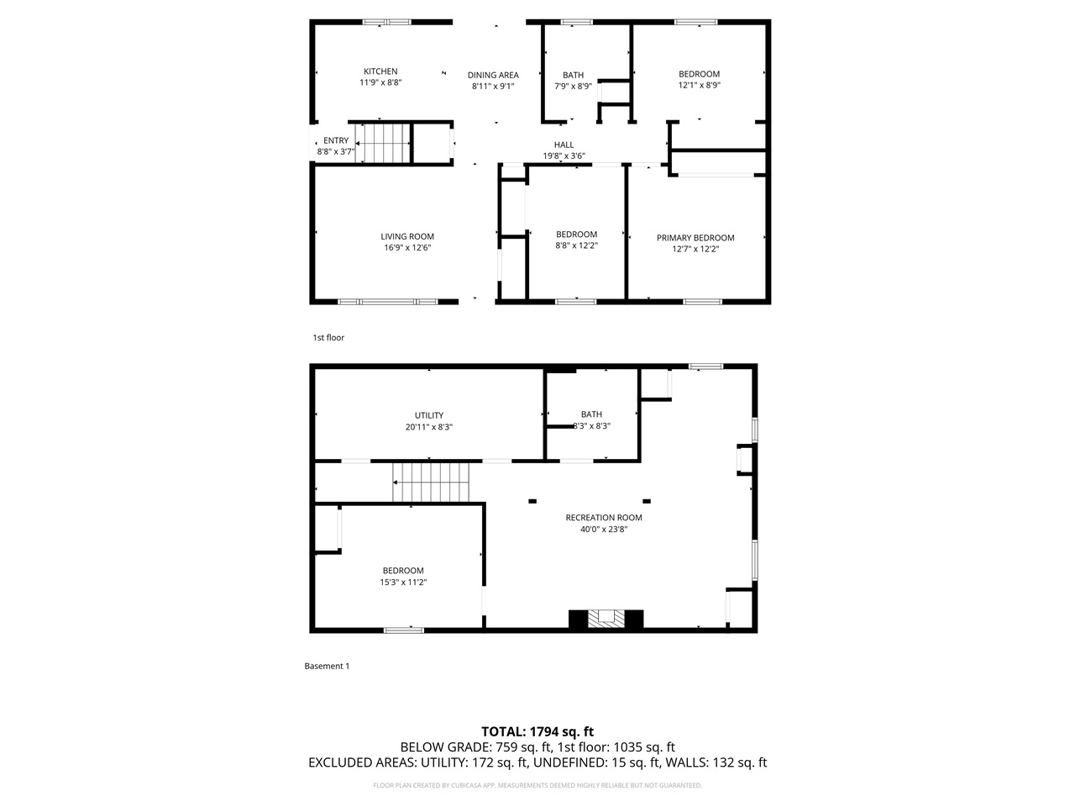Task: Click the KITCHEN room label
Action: [380, 71]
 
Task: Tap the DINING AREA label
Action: [493, 75]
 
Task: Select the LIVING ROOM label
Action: [407, 236]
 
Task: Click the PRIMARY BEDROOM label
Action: [695, 238]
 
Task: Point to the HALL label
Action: [564, 145]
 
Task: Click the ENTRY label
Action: [335, 140]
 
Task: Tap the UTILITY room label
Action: [428, 415]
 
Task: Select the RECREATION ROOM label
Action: [604, 518]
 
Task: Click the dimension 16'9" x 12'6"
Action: [407, 248]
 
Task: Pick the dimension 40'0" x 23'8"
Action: [604, 530]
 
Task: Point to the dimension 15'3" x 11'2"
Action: [403, 583]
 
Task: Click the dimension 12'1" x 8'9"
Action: [699, 85]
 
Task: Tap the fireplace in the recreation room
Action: [606, 620]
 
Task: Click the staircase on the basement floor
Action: [432, 483]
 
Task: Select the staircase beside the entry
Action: [384, 143]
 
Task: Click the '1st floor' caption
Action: [328, 338]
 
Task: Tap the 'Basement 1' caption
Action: [327, 666]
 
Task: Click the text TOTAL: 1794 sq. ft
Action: [537, 731]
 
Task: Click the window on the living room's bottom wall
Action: [387, 301]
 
